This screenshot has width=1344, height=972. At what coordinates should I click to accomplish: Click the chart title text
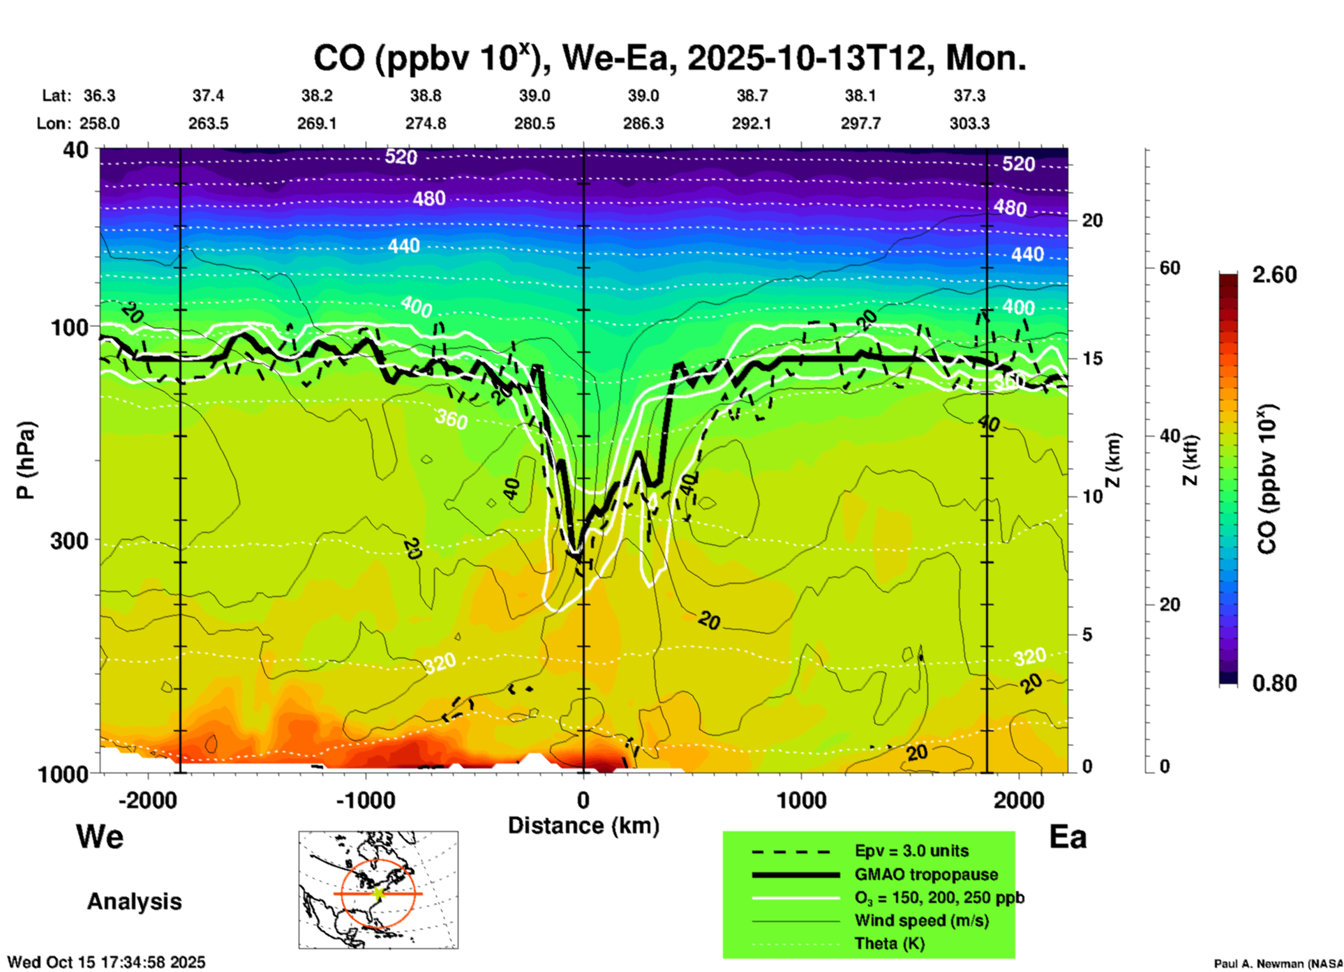click(x=669, y=58)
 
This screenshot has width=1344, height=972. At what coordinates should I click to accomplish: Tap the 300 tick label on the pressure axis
click(x=70, y=540)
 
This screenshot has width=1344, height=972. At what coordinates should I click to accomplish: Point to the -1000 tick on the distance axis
click(x=366, y=800)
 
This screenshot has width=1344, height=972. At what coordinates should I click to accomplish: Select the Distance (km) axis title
click(x=583, y=826)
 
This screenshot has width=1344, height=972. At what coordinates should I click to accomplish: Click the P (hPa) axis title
click(x=26, y=460)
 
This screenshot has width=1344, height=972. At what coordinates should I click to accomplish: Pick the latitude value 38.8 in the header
click(x=426, y=96)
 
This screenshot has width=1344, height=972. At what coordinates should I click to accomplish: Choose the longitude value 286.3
click(x=643, y=123)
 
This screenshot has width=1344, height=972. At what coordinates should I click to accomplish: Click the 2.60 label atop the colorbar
click(x=1274, y=275)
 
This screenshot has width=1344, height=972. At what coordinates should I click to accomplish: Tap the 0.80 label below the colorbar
click(x=1274, y=683)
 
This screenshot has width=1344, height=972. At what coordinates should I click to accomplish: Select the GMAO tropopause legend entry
click(x=926, y=874)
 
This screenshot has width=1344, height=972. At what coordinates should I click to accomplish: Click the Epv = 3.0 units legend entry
click(x=911, y=851)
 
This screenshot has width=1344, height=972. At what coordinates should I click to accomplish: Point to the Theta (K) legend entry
click(x=890, y=943)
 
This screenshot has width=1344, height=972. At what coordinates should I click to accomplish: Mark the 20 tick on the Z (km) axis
click(x=1092, y=220)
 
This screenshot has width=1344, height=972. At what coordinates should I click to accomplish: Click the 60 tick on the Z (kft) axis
click(x=1170, y=268)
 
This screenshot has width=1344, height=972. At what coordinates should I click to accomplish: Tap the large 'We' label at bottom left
click(x=100, y=837)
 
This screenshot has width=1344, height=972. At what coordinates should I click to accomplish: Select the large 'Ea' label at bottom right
click(x=1068, y=837)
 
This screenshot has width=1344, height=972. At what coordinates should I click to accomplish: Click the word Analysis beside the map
click(x=134, y=902)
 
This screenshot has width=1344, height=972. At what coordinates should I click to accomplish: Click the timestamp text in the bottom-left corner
click(x=107, y=962)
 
